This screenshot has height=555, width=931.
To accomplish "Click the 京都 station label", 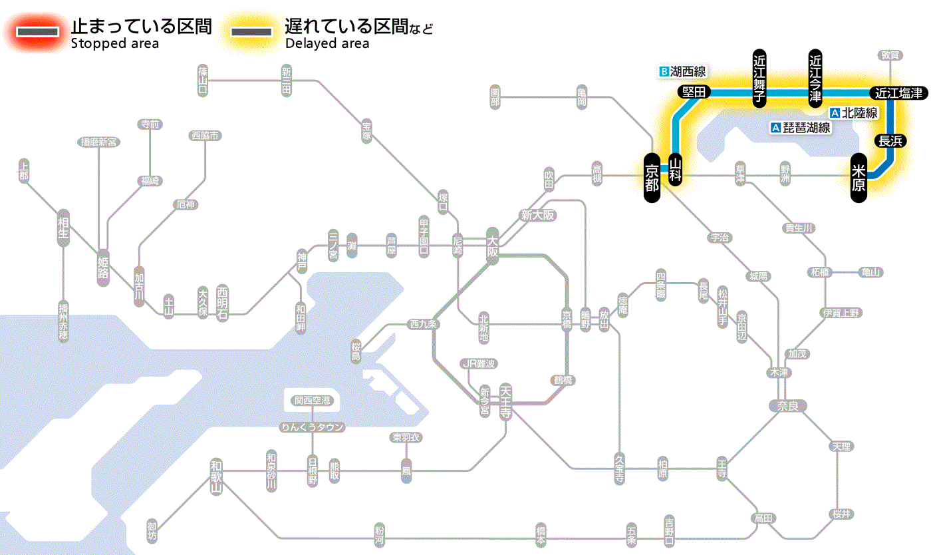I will (652, 176).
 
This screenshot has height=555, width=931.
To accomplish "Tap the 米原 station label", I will (859, 177).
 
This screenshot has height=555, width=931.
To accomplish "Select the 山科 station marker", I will (675, 170).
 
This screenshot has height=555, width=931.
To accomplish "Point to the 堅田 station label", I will (694, 92).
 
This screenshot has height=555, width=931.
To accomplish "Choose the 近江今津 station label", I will (815, 77).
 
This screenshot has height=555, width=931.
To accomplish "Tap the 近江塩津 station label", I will (898, 93).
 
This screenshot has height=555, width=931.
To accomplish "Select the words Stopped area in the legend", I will (115, 44).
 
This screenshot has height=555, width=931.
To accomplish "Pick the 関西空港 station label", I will (313, 401).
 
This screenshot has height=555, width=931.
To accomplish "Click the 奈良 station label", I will (787, 406).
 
